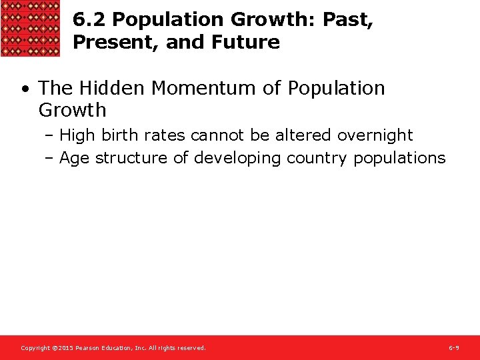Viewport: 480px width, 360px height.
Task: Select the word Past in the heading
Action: (346, 20)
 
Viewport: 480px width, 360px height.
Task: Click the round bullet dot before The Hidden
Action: (24, 89)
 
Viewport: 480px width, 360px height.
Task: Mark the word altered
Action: (303, 135)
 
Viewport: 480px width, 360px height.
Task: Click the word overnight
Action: (375, 135)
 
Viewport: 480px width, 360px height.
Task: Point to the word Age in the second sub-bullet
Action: (75, 158)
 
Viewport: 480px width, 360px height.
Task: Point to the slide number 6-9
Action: (453, 348)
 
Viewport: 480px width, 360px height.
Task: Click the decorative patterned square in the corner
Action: (31, 28)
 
